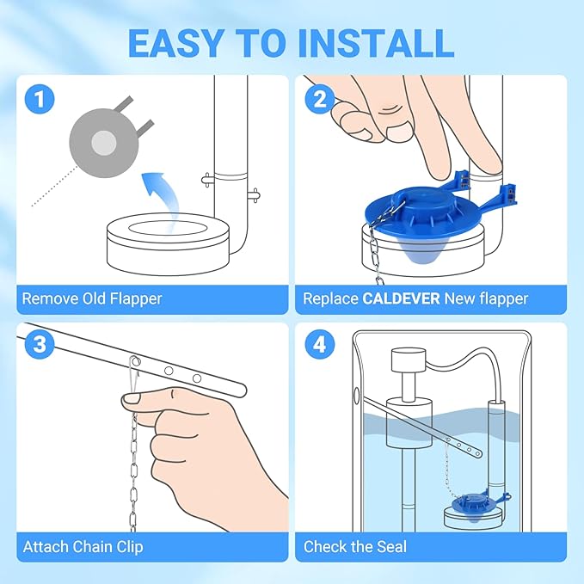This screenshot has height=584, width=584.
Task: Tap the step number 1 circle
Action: pos(40,99)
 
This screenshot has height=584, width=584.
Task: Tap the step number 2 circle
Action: pos(320,99)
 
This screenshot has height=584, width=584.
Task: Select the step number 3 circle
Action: pos(40,346)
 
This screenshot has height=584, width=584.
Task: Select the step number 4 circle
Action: pos(320,346)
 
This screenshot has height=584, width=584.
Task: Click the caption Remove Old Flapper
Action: pos(92,299)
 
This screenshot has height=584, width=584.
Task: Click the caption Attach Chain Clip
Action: pos(83,546)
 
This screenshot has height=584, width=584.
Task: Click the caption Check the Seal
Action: pos(355,546)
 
